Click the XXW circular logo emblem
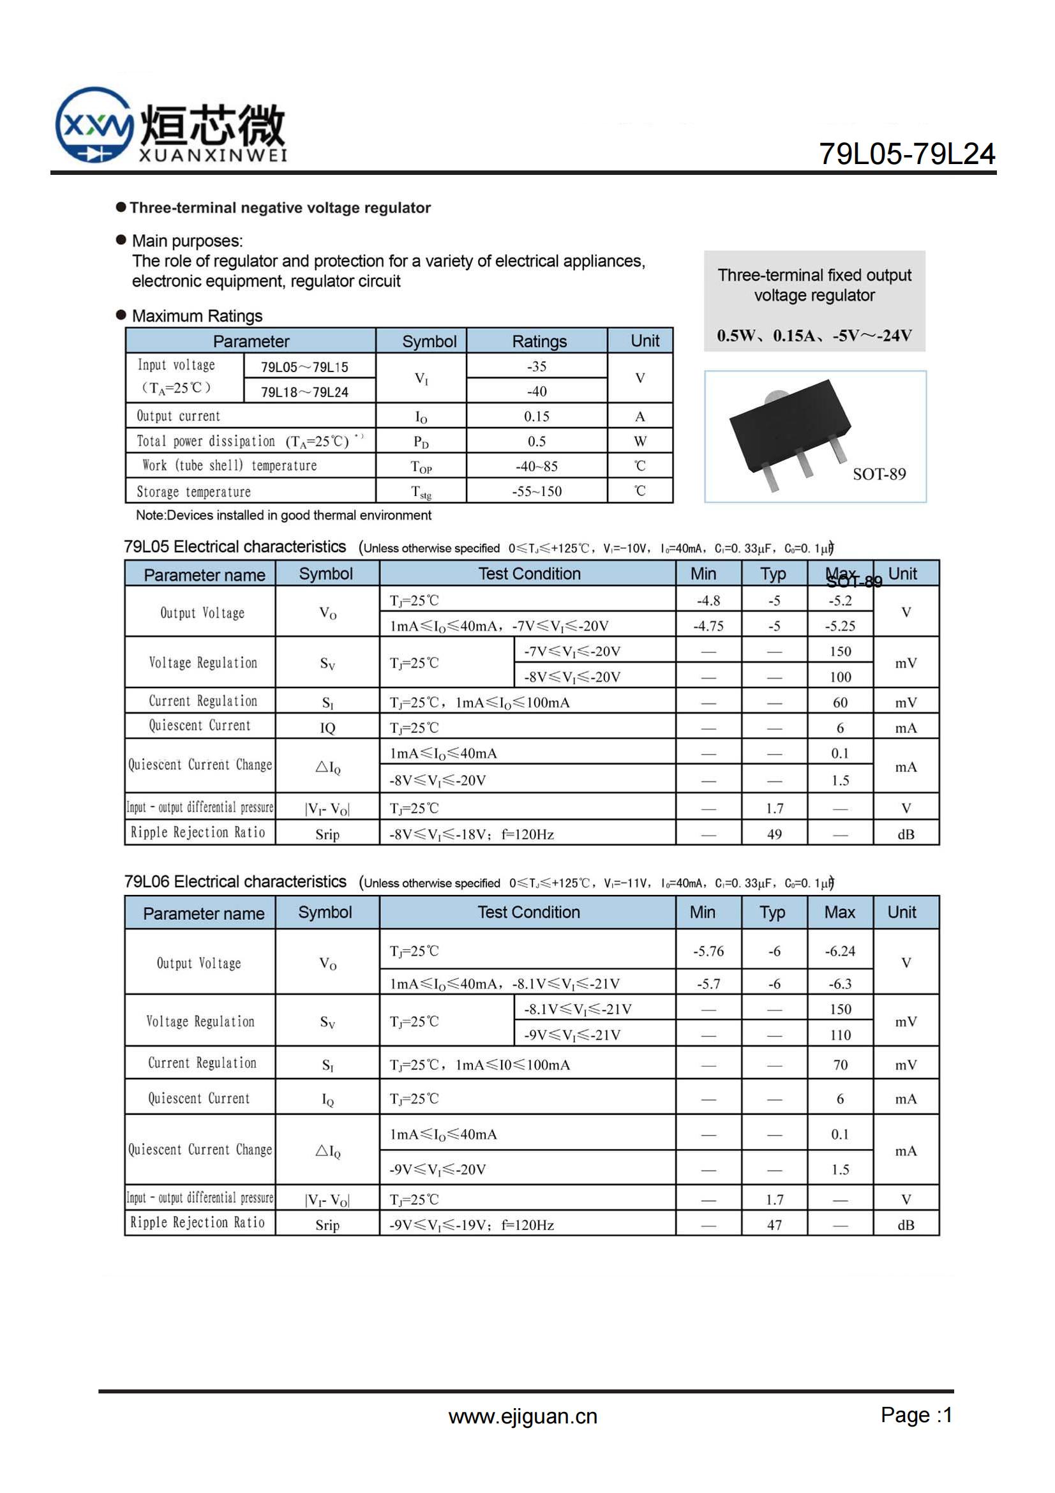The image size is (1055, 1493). coord(94,125)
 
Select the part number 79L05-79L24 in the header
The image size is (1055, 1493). coord(906,154)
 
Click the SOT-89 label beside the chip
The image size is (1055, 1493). coord(879,474)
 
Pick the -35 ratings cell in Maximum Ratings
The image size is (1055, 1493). coord(536,367)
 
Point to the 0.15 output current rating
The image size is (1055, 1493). coord(536,416)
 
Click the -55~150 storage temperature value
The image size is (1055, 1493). coord(536,491)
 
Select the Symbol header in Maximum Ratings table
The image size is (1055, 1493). coord(429,341)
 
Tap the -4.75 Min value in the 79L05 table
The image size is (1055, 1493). coord(708,626)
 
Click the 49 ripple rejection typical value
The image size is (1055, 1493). coord(774,834)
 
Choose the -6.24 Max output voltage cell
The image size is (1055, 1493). coord(840,951)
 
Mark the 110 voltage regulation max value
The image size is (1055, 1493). coord(840,1035)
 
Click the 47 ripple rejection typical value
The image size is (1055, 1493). coord(774,1225)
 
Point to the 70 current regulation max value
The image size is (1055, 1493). coord(840,1065)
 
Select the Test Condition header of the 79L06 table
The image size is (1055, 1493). coord(528,912)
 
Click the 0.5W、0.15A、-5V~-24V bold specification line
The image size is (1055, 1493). coord(814,336)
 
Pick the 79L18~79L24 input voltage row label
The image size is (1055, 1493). coord(304,392)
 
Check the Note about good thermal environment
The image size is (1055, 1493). coord(283,515)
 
